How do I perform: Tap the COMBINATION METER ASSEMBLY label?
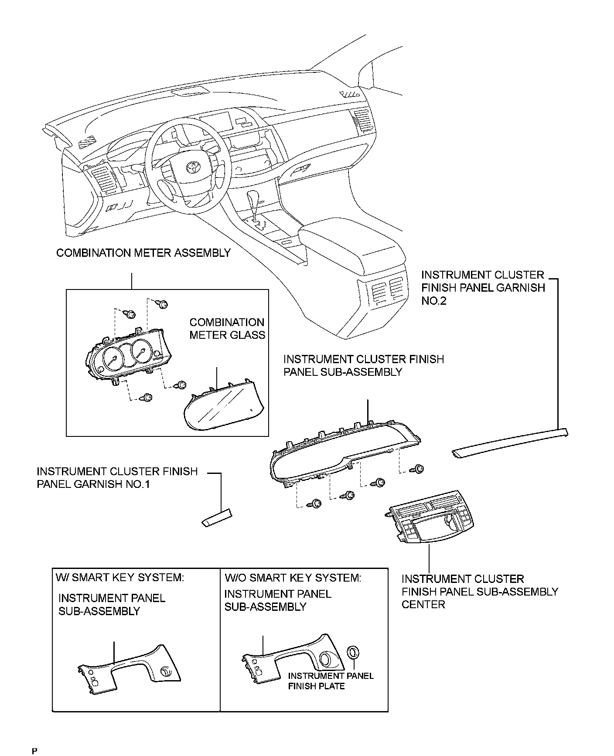pos(143,253)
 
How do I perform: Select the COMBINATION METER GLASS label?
pos(227,329)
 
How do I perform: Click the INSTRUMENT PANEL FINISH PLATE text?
pos(331,681)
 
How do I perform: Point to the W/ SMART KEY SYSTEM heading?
pos(120,577)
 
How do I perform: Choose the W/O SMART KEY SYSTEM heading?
pos(293,578)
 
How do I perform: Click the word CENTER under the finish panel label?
pos(423,605)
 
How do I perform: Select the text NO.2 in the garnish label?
pos(434,301)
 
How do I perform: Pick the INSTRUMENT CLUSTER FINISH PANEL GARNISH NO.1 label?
pos(117,478)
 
